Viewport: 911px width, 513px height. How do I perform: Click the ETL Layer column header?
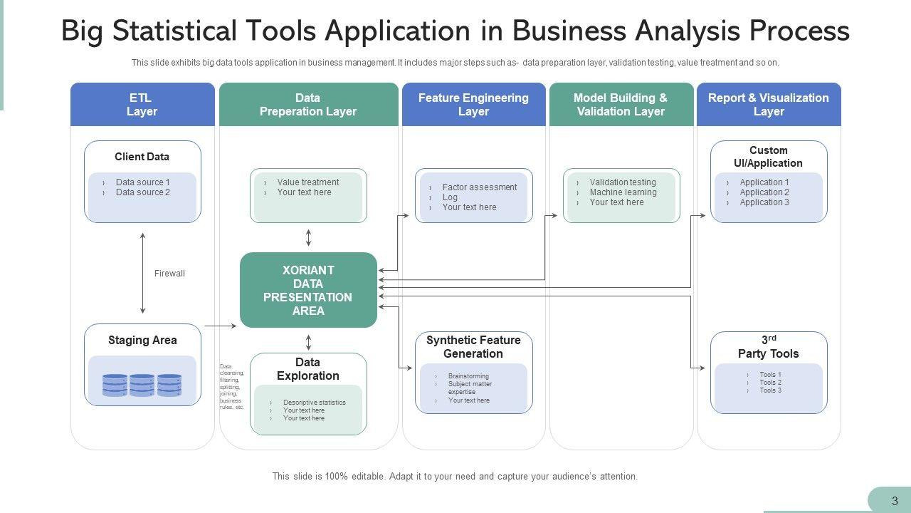142,105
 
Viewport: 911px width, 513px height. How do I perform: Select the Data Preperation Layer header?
308,105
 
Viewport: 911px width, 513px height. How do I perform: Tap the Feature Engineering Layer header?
473,105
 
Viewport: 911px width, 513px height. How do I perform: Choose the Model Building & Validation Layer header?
621,105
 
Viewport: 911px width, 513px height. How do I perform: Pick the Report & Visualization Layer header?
769,105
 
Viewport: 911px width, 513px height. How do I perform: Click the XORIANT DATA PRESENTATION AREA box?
308,290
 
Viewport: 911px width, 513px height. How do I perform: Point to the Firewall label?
169,274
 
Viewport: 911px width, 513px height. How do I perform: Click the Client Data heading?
142,157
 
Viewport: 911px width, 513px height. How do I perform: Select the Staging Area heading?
142,341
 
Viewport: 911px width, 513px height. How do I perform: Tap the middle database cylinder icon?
142,385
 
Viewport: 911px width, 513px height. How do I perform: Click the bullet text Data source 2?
143,192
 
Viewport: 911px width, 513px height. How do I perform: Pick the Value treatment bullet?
308,182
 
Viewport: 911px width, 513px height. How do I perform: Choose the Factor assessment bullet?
480,187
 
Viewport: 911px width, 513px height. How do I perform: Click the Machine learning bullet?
623,192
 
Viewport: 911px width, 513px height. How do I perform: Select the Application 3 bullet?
764,202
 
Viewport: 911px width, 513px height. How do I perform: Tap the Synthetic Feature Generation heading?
473,347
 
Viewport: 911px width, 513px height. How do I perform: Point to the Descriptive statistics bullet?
314,403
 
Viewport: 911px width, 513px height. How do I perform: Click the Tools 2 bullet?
770,383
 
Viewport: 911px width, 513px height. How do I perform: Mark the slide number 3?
895,501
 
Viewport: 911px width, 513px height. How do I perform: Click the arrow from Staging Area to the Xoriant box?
221,326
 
